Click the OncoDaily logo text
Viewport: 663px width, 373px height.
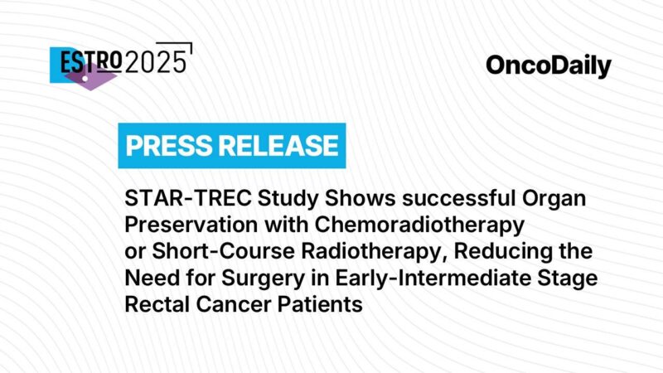[x=549, y=65]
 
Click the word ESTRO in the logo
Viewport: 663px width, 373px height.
[x=87, y=61]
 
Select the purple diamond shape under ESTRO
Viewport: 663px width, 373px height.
[x=90, y=78]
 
